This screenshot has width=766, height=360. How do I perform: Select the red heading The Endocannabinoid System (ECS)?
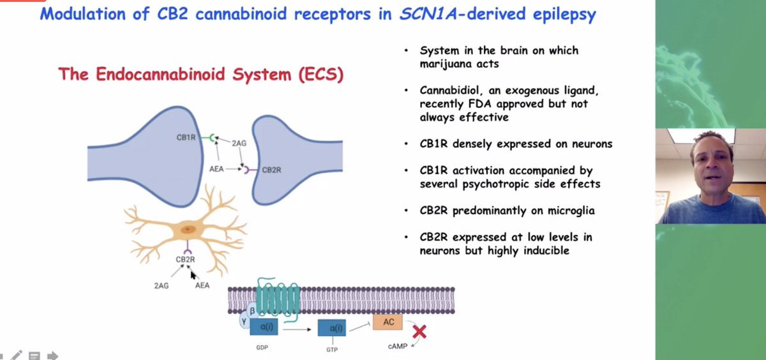tap(201, 74)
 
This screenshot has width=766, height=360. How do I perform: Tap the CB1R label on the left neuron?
tap(186, 137)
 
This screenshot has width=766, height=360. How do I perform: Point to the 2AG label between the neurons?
tap(240, 144)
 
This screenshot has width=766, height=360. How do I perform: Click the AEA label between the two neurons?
tap(217, 169)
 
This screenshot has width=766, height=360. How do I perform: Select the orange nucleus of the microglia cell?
tap(187, 229)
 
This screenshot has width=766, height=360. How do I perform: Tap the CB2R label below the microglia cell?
tap(185, 260)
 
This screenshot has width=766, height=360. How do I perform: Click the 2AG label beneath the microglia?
tap(161, 285)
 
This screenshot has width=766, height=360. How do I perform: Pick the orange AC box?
tap(388, 322)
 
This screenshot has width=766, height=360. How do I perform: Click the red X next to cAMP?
tap(419, 331)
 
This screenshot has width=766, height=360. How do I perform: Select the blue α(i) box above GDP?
tap(263, 328)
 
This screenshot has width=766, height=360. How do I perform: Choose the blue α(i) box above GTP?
tap(332, 328)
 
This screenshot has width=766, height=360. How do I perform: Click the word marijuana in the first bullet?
tap(446, 63)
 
